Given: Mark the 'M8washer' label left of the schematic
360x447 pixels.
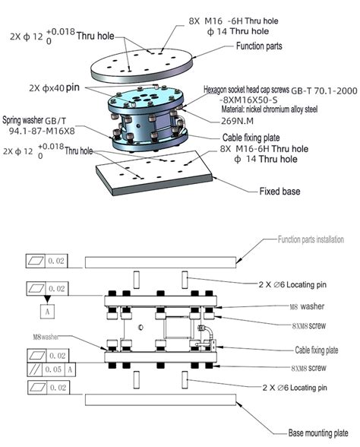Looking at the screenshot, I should [x=46, y=336].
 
